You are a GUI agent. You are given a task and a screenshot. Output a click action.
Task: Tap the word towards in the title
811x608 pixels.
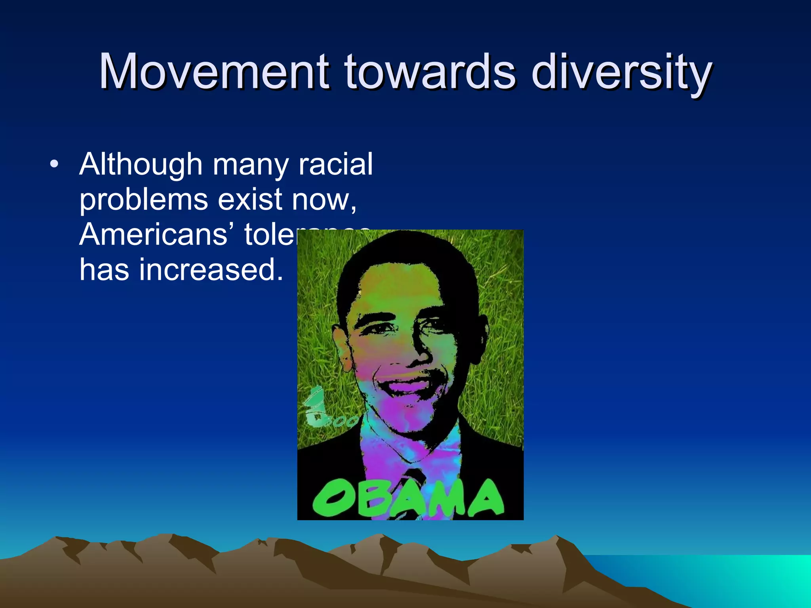(x=430, y=72)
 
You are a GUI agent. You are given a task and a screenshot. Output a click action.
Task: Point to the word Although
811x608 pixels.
(x=141, y=165)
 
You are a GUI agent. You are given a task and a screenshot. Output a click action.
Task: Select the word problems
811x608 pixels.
(x=143, y=200)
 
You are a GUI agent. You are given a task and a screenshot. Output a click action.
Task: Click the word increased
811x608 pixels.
(x=211, y=270)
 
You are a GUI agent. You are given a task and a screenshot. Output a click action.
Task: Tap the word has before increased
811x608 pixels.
(x=104, y=270)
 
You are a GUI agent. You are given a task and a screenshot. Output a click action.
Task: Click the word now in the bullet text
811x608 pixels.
(x=321, y=199)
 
